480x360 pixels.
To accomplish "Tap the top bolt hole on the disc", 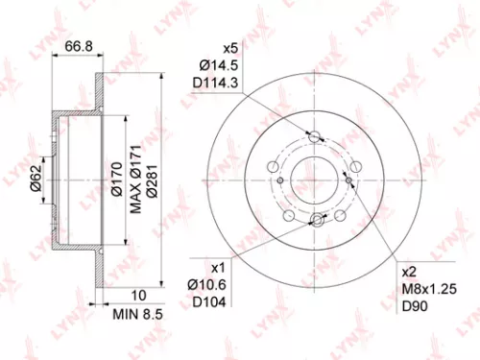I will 314,135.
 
